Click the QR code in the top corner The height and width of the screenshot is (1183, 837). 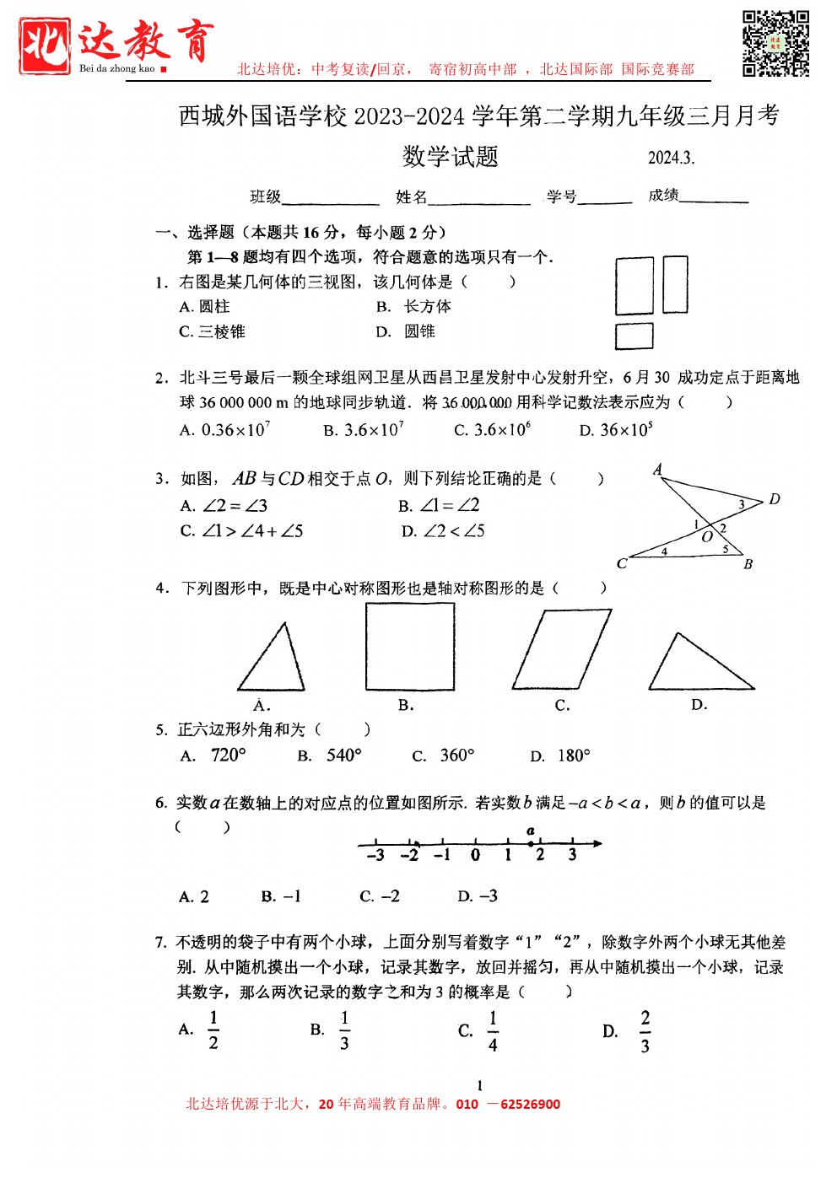point(775,43)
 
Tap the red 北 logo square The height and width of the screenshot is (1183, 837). point(45,46)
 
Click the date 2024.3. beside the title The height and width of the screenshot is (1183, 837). point(671,158)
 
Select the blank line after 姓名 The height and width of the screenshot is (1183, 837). point(478,200)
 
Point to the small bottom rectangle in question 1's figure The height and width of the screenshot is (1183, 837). point(634,336)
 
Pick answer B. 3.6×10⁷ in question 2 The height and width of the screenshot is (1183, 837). point(364,430)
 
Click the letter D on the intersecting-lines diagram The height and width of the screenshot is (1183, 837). point(775,499)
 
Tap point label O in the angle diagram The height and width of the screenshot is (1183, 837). point(707,537)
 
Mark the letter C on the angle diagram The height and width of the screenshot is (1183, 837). point(622,563)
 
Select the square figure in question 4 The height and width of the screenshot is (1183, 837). point(410,647)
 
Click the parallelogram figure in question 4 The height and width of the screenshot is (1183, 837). point(561,650)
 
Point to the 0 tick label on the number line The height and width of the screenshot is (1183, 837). point(476,856)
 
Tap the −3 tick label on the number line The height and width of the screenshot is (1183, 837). point(375,856)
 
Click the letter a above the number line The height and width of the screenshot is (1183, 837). point(530,831)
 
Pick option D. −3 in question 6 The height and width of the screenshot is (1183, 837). point(478,896)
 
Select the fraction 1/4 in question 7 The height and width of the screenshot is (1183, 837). point(493,1031)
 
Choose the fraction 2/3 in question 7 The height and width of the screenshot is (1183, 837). point(645,1031)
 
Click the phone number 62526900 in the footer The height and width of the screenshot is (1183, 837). point(530,1105)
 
